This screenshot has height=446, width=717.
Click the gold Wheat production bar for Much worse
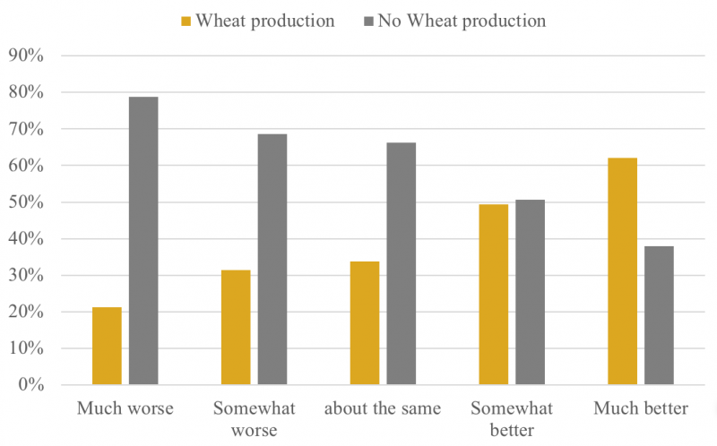pyautogui.click(x=107, y=346)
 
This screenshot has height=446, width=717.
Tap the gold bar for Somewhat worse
pyautogui.click(x=236, y=327)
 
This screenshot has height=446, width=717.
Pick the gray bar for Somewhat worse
pyautogui.click(x=272, y=259)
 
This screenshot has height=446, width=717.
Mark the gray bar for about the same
pyautogui.click(x=401, y=263)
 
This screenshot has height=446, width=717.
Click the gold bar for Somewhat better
pyautogui.click(x=494, y=295)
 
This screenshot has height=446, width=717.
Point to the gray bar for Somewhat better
pyautogui.click(x=530, y=292)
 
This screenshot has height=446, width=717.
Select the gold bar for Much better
pyautogui.click(x=623, y=271)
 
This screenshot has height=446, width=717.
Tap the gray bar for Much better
pyautogui.click(x=659, y=315)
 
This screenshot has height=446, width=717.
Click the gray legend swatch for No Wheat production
pyautogui.click(x=365, y=21)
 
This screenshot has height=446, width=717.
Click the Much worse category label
pyautogui.click(x=125, y=409)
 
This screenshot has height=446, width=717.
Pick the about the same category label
pyautogui.click(x=383, y=409)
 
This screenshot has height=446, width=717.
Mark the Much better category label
pyautogui.click(x=641, y=409)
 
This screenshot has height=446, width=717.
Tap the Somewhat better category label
pyautogui.click(x=512, y=419)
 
